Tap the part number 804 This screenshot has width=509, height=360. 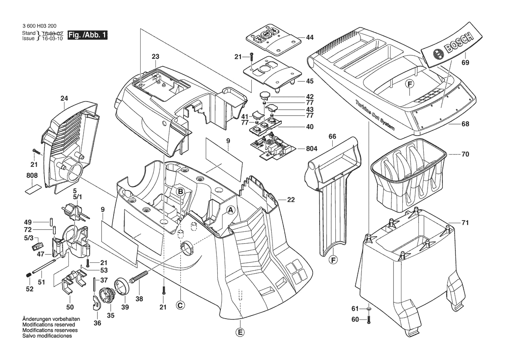pos(312,148)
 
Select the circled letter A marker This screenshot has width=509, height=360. pos(232,210)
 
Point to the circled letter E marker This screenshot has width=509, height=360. pos(240,333)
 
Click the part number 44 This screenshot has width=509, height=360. pos(310,38)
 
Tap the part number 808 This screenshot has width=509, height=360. pos(32,175)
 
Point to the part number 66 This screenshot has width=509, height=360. pos(332,136)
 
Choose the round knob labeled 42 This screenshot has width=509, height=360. pos(266,95)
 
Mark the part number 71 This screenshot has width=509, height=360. pos(465,223)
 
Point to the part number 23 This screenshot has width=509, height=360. pos(155,56)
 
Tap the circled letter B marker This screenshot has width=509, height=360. pos(180,191)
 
